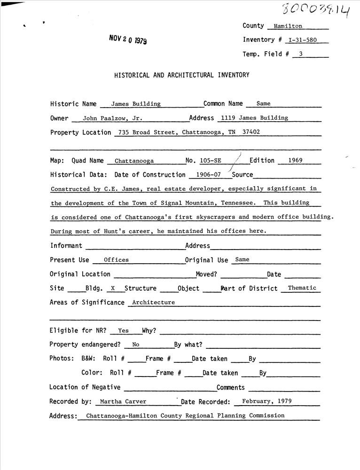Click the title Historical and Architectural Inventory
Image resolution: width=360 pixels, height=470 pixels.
[x=181, y=75]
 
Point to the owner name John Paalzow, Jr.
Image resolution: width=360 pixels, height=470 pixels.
[x=112, y=119]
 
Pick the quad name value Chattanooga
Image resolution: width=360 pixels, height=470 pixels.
[x=134, y=161]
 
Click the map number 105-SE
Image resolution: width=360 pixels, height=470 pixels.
[x=210, y=161]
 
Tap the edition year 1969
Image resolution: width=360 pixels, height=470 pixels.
[x=295, y=160]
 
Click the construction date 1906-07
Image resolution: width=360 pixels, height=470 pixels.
[x=206, y=175]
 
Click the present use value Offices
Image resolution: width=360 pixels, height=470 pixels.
[x=116, y=260]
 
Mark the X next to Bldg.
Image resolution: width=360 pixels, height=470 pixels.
[x=113, y=289]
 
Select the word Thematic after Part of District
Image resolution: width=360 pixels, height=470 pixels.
[x=302, y=288]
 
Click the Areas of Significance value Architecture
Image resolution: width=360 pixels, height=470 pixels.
[x=153, y=303]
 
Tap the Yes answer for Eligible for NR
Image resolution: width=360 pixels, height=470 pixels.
[x=124, y=331]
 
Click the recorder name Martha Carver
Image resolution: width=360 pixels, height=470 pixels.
[x=123, y=402]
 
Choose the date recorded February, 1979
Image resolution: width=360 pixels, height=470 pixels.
[x=266, y=401]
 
